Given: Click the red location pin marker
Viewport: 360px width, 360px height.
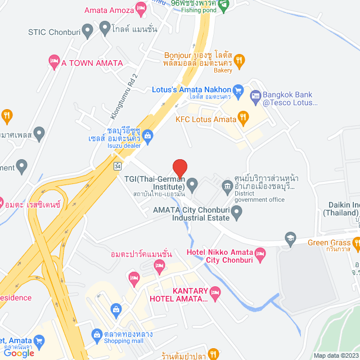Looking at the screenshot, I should pyautogui.click(x=179, y=168).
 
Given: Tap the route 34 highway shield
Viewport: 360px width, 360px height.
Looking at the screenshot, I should pyautogui.click(x=117, y=166).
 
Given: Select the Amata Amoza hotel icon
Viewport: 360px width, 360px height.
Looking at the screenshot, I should pyautogui.click(x=141, y=9).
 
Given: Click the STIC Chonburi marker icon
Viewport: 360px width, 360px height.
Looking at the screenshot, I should pyautogui.click(x=87, y=30).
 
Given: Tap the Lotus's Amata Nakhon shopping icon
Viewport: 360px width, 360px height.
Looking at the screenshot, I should pyautogui.click(x=238, y=89).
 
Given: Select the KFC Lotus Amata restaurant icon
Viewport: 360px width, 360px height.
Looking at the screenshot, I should pyautogui.click(x=244, y=118).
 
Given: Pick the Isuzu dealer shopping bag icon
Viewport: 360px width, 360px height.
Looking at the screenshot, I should pyautogui.click(x=147, y=135).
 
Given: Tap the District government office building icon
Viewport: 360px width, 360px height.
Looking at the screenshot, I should pyautogui.click(x=227, y=186).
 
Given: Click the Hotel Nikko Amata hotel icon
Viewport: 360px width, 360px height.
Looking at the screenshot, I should pyautogui.click(x=260, y=254).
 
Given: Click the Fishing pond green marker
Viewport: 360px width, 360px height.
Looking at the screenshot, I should pyautogui.click(x=224, y=6).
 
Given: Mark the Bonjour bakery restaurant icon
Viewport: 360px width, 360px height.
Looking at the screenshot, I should pyautogui.click(x=239, y=60).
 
